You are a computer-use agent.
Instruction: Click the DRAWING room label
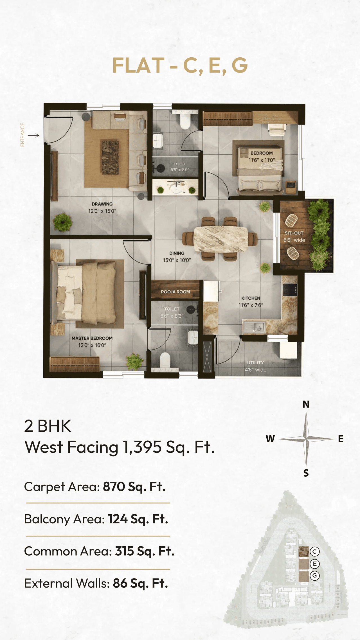102,204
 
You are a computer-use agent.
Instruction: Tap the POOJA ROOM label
175,292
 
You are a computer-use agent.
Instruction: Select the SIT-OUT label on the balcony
294,233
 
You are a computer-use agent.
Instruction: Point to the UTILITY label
255,363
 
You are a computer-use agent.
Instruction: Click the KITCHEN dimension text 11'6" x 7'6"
251,305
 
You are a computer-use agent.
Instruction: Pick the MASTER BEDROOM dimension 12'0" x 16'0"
92,345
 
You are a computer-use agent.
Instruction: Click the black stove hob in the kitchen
290,290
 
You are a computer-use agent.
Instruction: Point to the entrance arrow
33,136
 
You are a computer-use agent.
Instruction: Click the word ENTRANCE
22,135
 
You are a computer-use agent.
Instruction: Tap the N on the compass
306,404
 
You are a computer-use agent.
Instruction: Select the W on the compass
270,439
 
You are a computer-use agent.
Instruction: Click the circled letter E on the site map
314,564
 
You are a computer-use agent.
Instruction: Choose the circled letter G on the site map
314,575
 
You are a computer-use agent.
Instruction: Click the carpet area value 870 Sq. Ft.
134,487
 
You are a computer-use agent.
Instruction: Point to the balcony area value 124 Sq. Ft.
138,519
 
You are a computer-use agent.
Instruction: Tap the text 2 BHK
48,426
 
